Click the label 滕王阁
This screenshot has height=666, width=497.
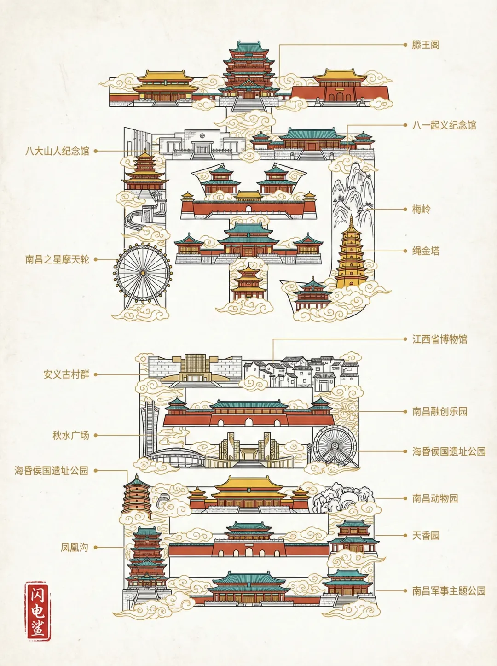[426, 45]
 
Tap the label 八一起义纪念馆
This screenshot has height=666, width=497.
[444, 125]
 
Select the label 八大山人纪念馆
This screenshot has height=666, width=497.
[57, 151]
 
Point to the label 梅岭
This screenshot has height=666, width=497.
[421, 209]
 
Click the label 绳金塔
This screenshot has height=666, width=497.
[426, 251]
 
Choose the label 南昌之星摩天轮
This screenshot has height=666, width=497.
[57, 259]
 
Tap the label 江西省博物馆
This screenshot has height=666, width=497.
[439, 339]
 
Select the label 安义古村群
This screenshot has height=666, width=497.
[66, 374]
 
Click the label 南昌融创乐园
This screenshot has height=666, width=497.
[439, 411]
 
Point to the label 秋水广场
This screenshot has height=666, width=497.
[70, 435]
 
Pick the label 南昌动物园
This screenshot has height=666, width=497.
[435, 498]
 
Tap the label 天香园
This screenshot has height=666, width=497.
[426, 535]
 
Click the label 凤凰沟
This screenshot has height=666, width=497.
[74, 547]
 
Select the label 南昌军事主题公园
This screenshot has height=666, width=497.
[449, 590]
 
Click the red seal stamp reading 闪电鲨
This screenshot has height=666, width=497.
[38, 611]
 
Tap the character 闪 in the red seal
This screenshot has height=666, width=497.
[38, 594]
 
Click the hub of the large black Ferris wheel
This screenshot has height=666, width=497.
[143, 273]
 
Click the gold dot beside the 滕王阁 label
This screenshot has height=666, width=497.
[405, 45]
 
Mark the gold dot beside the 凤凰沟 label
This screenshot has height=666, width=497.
[96, 547]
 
